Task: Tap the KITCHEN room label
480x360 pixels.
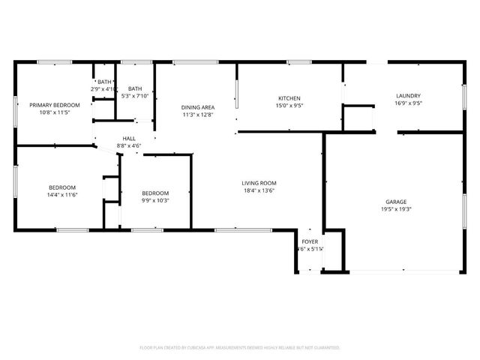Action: [x=289, y=98]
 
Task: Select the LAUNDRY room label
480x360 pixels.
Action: [x=408, y=95]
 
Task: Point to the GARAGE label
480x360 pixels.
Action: [x=396, y=202]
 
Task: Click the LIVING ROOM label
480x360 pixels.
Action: [x=259, y=183]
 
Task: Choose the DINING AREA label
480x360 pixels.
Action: [x=198, y=107]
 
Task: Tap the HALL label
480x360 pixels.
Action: [x=129, y=138]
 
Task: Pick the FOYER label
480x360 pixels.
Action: [x=310, y=241]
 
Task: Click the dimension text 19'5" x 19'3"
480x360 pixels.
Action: [x=396, y=209]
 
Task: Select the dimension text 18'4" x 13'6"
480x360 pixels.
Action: [x=259, y=190]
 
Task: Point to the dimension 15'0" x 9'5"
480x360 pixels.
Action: [x=289, y=106]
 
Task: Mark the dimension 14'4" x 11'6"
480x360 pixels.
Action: [x=62, y=195]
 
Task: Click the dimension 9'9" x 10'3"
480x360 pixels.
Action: [x=155, y=200]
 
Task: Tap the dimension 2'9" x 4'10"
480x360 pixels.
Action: [x=104, y=89]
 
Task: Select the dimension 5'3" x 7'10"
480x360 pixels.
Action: [x=135, y=95]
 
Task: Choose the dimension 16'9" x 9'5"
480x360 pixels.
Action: [x=408, y=103]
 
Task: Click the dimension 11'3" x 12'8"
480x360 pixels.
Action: [x=198, y=115]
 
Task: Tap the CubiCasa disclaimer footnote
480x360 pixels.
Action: [x=240, y=348]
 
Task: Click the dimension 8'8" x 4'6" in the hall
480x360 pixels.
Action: [x=129, y=145]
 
